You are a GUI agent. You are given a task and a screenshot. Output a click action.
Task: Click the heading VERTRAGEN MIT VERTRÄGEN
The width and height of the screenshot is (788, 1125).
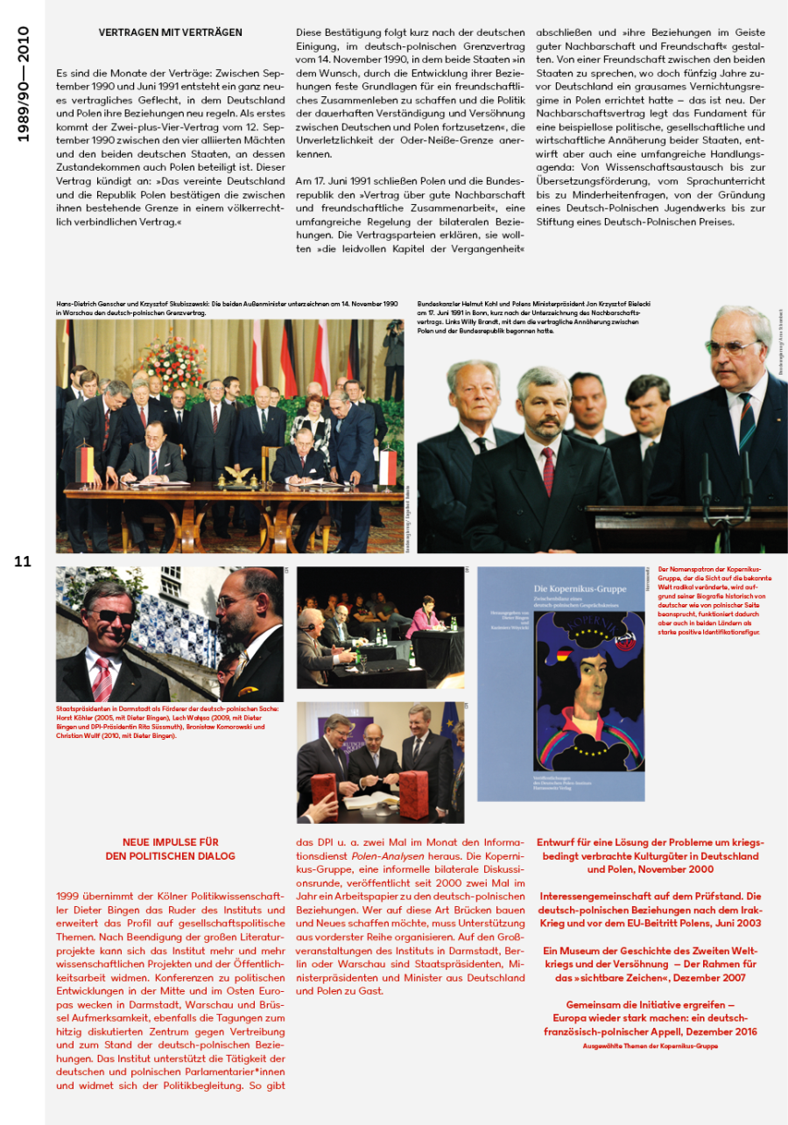tap(170, 32)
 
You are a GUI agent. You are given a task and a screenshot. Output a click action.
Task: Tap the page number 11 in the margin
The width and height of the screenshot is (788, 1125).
tap(23, 562)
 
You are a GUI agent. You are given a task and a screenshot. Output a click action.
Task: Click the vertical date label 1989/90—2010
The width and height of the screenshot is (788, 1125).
tap(24, 84)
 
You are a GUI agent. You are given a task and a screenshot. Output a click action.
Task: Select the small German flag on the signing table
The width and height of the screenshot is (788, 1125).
tap(86, 463)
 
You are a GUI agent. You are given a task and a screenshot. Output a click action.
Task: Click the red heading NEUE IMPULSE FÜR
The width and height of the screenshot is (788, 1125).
tap(170, 842)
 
